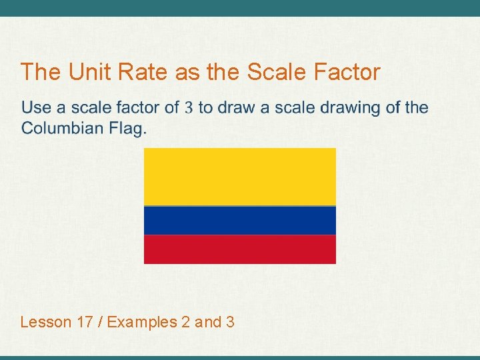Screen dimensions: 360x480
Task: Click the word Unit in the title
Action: [85, 72]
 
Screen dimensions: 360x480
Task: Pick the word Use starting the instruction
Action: [36, 108]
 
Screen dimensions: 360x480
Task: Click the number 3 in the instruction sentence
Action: [189, 108]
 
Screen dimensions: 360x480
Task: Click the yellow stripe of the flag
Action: [240, 177]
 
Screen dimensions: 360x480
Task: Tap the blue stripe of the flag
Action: [240, 221]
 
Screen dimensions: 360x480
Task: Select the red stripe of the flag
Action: [240, 249]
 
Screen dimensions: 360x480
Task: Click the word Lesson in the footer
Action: [45, 323]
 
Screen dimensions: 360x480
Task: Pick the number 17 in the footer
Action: [85, 323]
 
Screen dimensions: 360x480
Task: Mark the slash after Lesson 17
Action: [100, 323]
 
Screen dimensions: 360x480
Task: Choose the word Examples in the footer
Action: [141, 323]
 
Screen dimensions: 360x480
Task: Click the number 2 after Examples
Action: [185, 323]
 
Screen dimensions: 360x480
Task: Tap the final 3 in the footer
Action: [230, 323]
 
